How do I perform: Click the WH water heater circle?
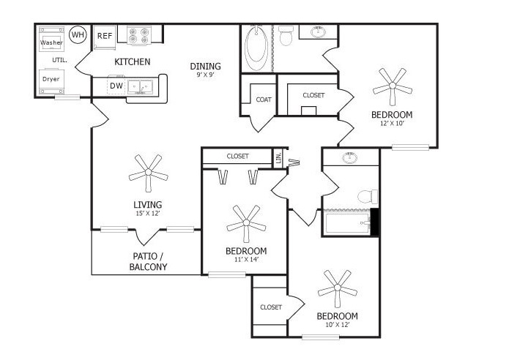point(78,34)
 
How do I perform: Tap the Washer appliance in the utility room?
point(51,40)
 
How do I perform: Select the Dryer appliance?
point(51,81)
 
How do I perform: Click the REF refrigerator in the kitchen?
point(105,37)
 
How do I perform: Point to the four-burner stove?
point(139,35)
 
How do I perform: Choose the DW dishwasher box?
point(116,86)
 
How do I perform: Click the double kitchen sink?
point(140,86)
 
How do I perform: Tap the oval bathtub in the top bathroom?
point(256,48)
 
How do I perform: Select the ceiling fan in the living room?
point(149,172)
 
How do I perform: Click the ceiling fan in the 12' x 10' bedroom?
point(393,86)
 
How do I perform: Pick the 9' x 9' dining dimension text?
point(206,75)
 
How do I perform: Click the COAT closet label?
point(264,100)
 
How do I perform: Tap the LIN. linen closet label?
point(278,157)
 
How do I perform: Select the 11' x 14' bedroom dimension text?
point(246,259)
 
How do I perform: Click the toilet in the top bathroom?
point(286,35)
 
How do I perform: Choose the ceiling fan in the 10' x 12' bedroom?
point(338,288)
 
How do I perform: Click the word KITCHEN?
point(133,61)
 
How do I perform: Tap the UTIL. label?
point(60,60)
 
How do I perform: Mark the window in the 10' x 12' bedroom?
point(321,337)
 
